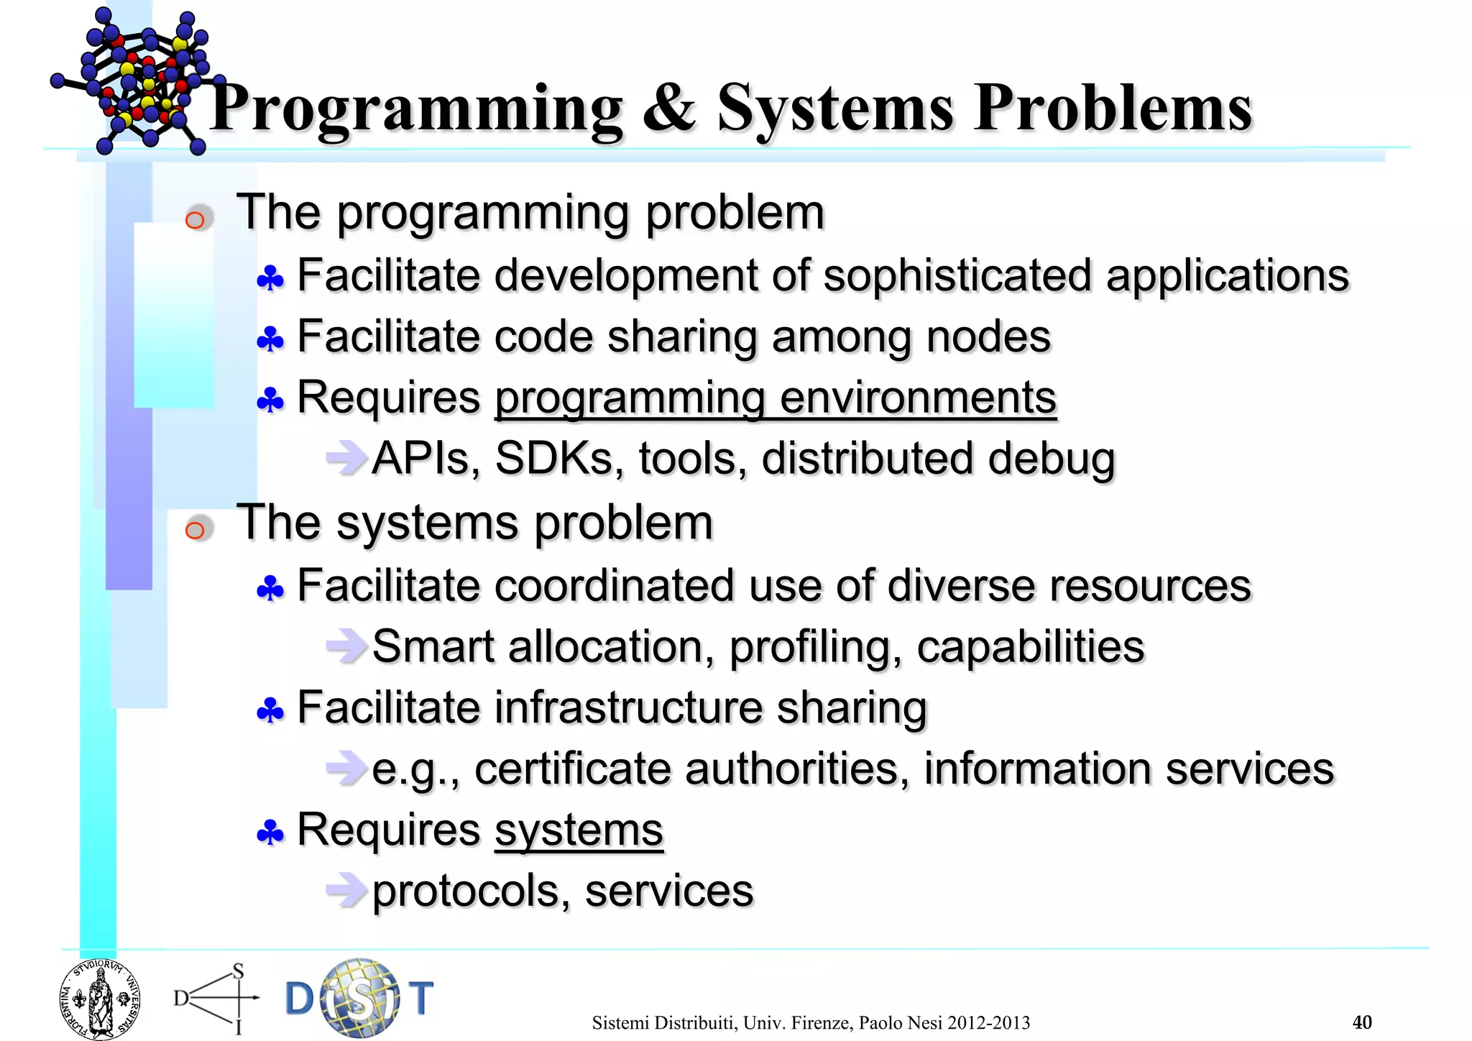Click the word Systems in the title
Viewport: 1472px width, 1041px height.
tap(835, 109)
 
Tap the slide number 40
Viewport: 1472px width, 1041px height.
tap(1361, 1022)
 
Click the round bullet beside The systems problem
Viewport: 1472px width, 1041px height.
tap(195, 530)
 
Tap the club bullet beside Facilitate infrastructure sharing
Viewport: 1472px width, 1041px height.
tap(270, 711)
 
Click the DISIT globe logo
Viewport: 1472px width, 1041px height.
tap(359, 998)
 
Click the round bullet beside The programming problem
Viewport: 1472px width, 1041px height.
tap(195, 219)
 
